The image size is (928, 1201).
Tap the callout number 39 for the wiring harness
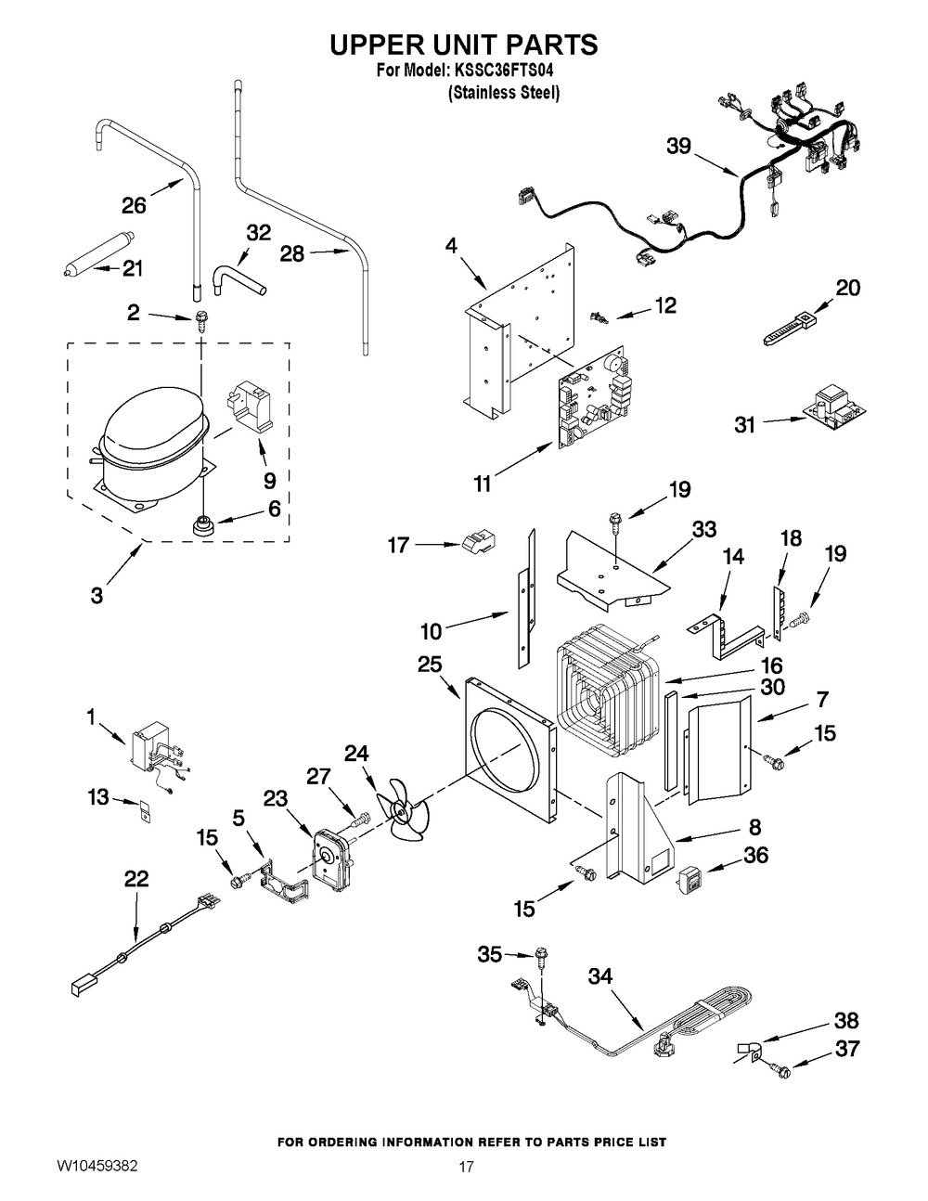click(679, 146)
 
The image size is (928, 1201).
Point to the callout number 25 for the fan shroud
click(430, 665)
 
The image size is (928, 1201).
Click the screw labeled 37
click(781, 1071)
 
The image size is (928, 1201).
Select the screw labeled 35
click(543, 955)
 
